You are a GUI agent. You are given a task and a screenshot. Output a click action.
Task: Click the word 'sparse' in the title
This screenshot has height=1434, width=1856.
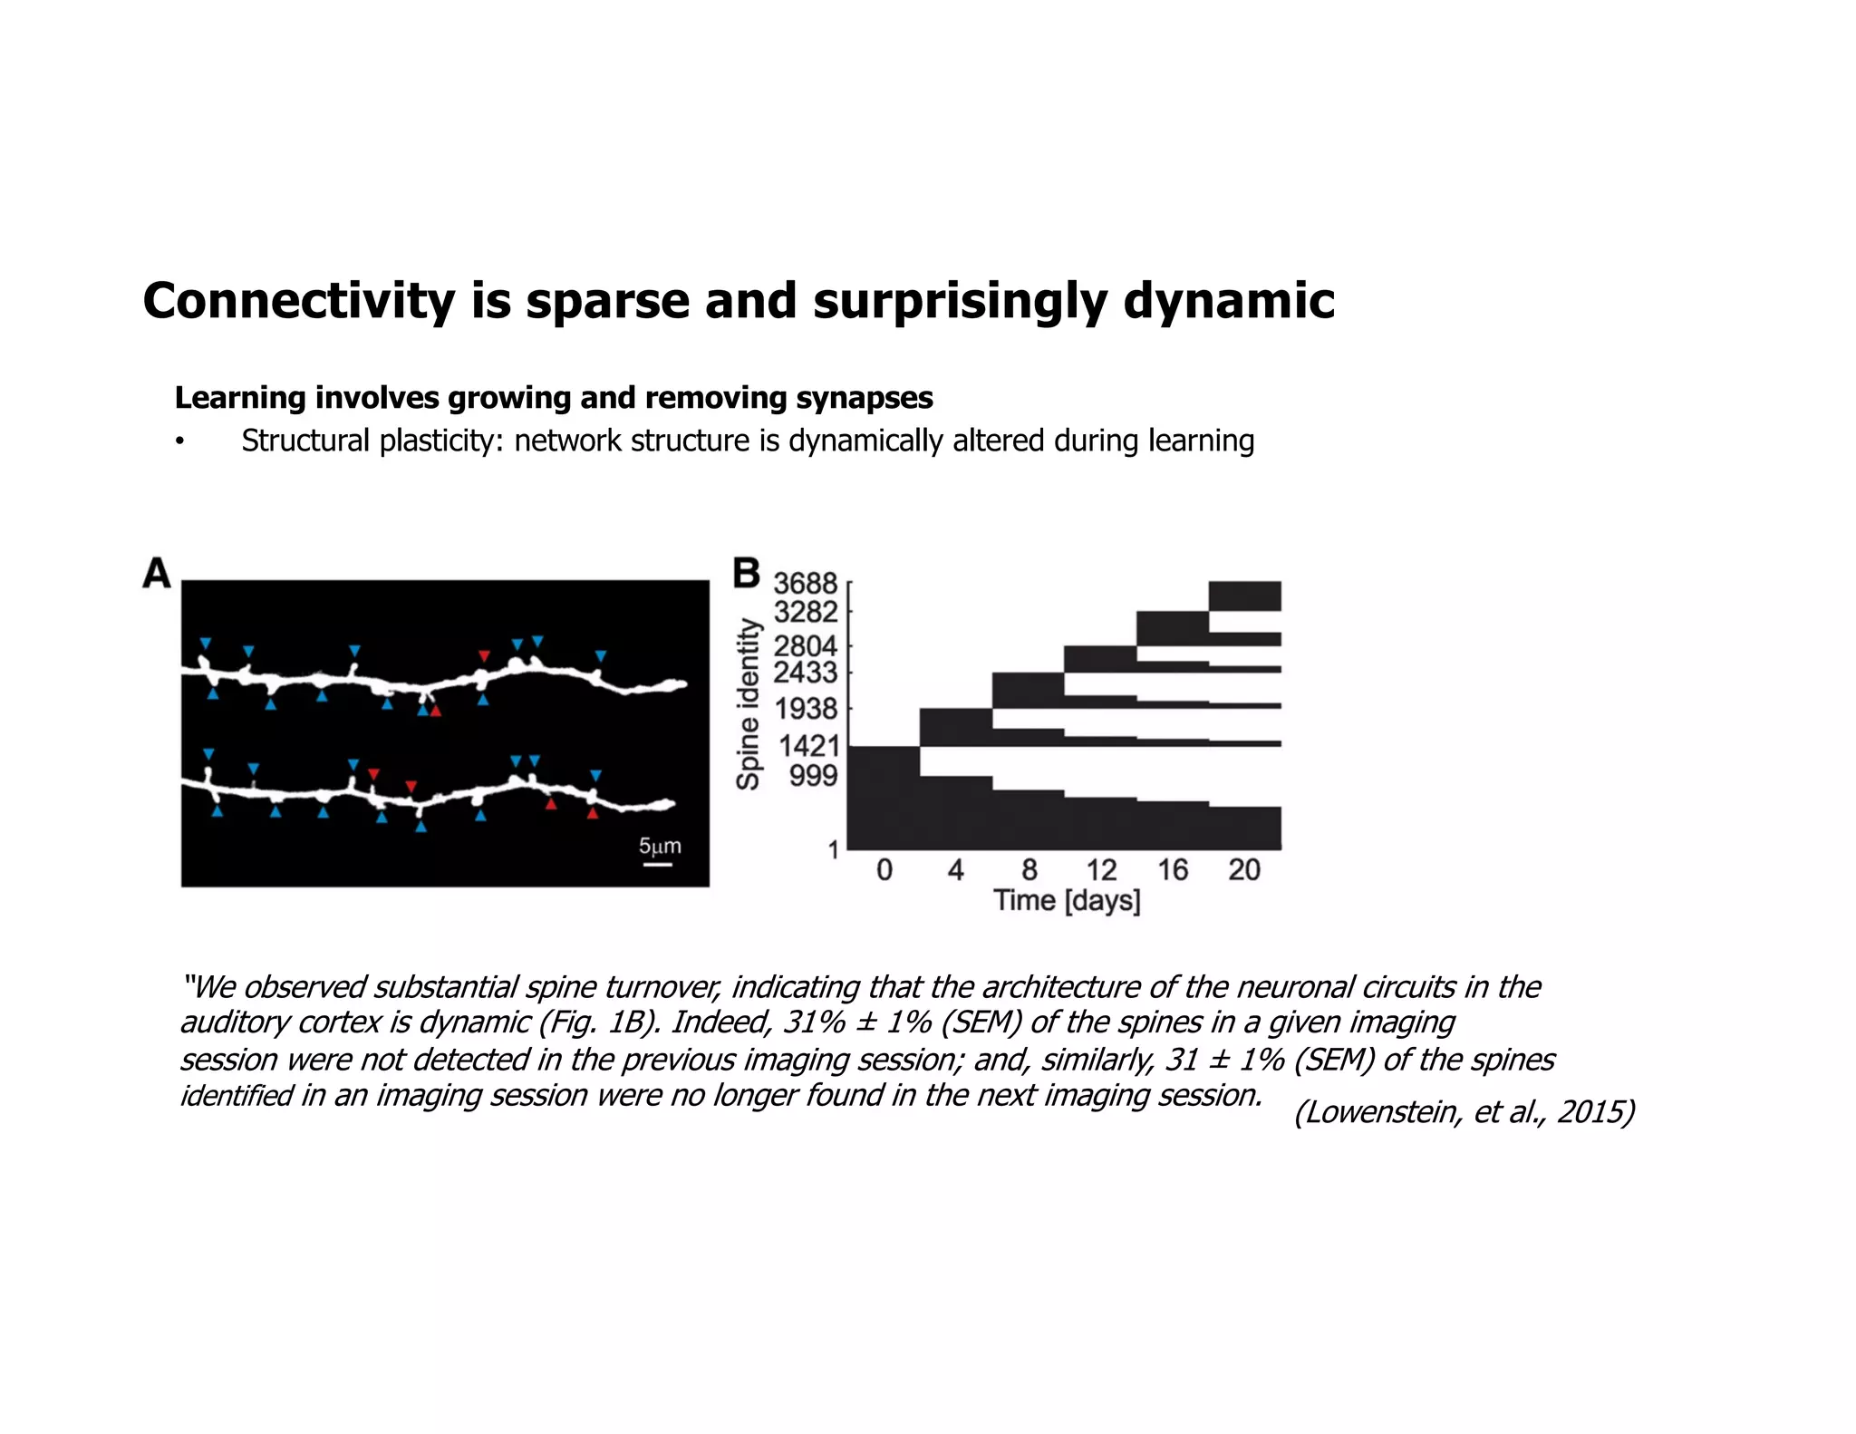607,301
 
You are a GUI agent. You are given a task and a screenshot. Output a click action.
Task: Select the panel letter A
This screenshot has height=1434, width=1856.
156,574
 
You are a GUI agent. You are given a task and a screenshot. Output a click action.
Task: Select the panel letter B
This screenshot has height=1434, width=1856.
746,574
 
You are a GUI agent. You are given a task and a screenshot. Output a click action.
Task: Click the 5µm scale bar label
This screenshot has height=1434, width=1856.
660,847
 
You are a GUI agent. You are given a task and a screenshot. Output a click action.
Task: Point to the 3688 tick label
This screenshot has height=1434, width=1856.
805,584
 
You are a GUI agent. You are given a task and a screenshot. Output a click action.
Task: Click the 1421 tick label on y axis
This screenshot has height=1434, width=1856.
809,746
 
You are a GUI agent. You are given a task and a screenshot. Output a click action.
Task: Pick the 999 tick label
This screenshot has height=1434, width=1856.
813,776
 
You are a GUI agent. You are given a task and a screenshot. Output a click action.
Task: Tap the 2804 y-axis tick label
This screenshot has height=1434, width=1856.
805,646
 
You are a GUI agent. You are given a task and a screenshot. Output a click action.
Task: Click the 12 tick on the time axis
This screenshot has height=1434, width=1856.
1101,870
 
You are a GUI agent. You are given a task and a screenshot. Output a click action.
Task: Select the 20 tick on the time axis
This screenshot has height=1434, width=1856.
1244,870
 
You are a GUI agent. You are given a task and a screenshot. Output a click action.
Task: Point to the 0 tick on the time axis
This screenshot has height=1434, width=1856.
884,870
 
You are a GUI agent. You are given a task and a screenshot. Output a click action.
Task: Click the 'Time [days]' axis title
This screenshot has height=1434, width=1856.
1067,901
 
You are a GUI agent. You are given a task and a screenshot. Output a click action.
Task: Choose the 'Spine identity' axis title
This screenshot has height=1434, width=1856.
748,704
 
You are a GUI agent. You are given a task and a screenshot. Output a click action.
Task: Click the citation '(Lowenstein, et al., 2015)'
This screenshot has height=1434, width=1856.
1464,1111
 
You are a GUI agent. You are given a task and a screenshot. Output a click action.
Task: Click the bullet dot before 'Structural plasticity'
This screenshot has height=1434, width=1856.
180,442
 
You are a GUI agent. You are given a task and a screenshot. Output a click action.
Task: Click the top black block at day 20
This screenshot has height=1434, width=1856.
1244,596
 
